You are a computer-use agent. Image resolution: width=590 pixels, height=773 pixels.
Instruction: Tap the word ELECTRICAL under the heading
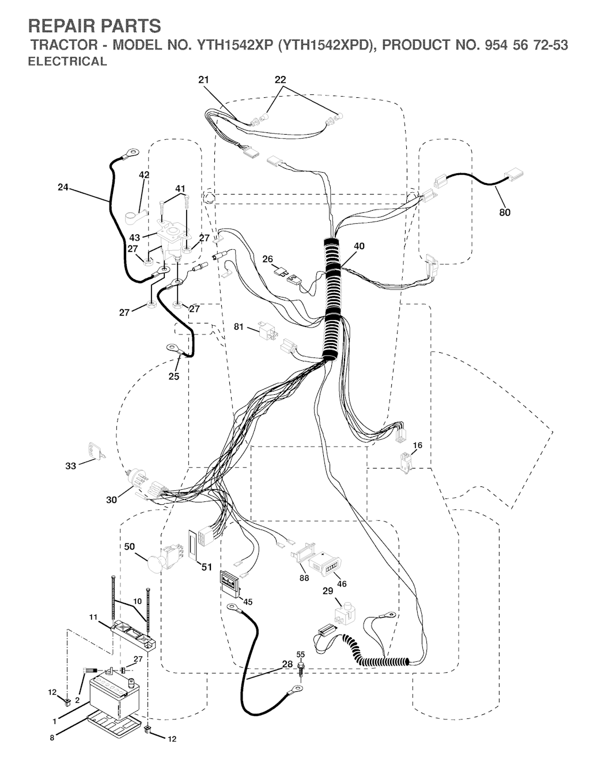[x=67, y=61]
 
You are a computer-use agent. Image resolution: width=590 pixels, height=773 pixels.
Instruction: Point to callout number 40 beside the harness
[x=359, y=246]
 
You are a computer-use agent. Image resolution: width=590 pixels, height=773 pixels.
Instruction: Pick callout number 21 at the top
[x=203, y=80]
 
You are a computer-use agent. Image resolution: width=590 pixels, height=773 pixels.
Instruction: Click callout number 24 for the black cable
[x=63, y=187]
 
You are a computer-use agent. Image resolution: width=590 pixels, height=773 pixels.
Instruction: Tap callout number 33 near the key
[x=70, y=466]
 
